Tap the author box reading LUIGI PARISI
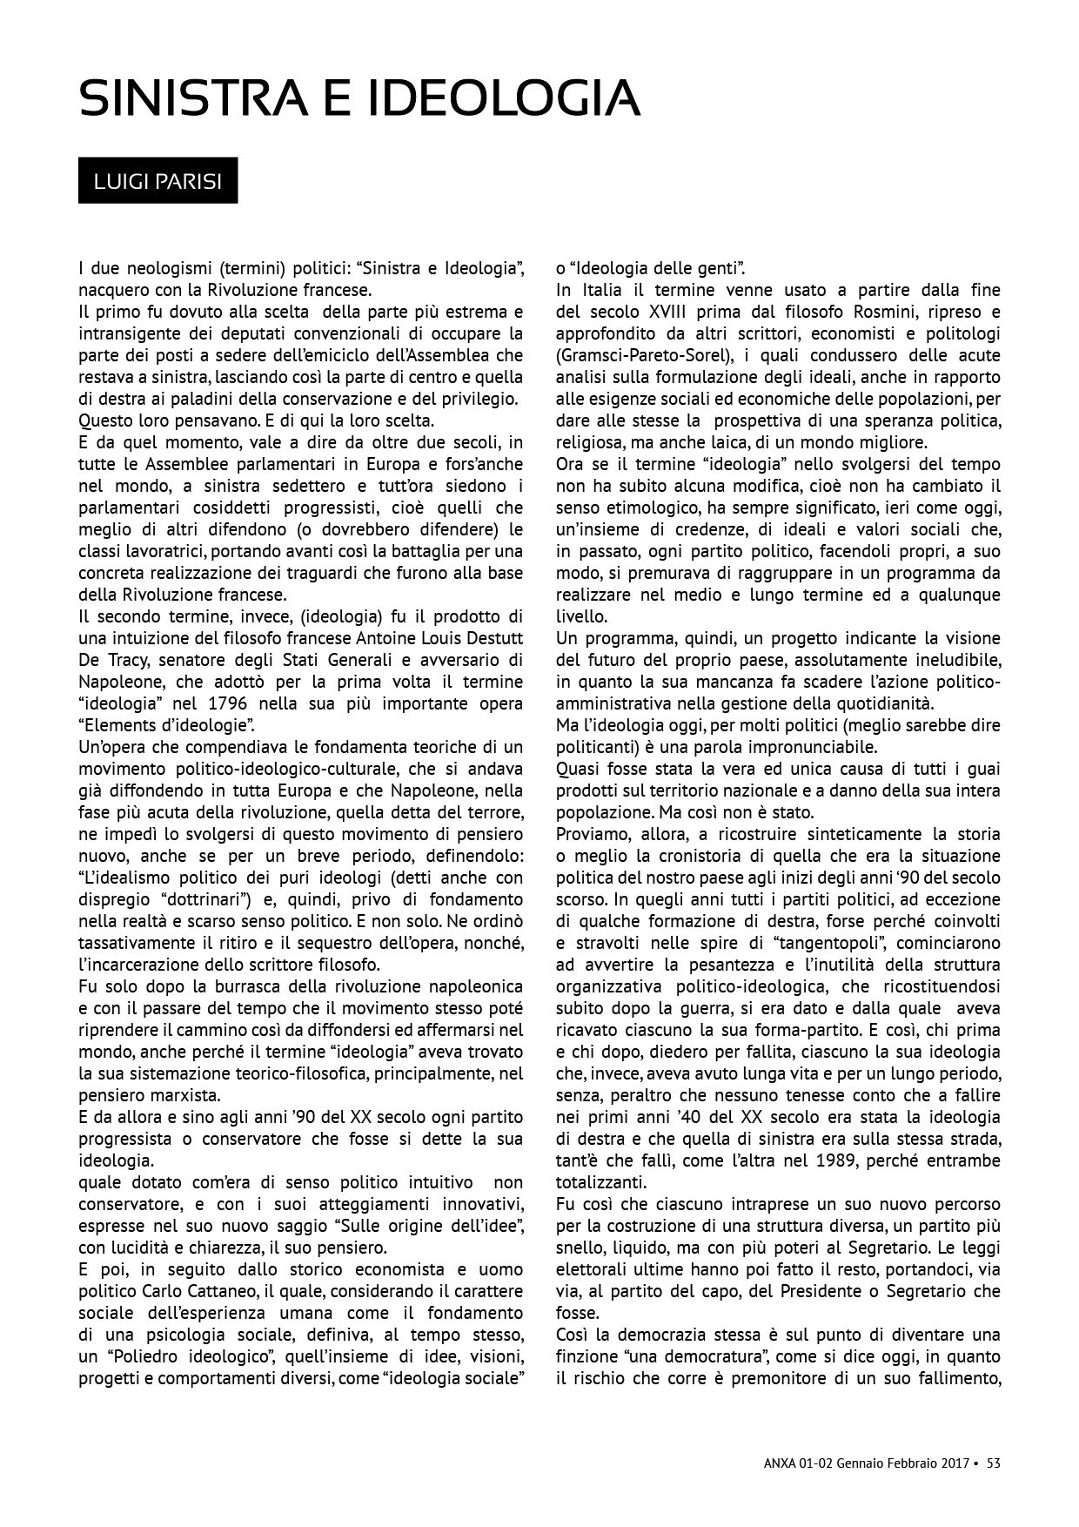(157, 181)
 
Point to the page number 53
(993, 1463)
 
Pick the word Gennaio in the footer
(861, 1463)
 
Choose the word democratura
(722, 1356)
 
